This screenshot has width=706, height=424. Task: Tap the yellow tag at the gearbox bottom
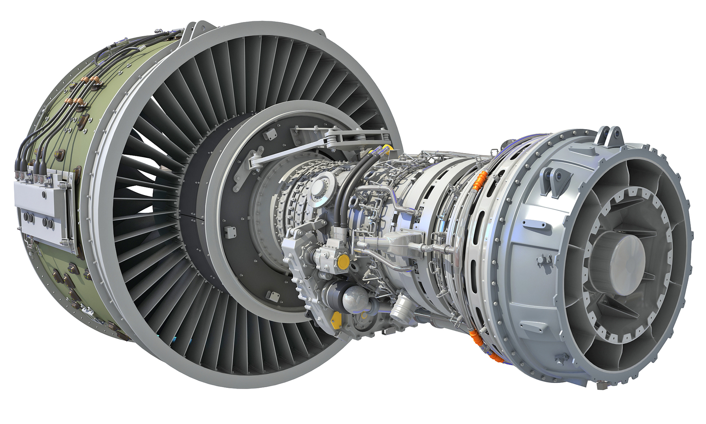coord(336,320)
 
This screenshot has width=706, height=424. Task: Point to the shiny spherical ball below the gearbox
coord(355,298)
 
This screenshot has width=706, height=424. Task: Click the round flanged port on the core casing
coord(322,188)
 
